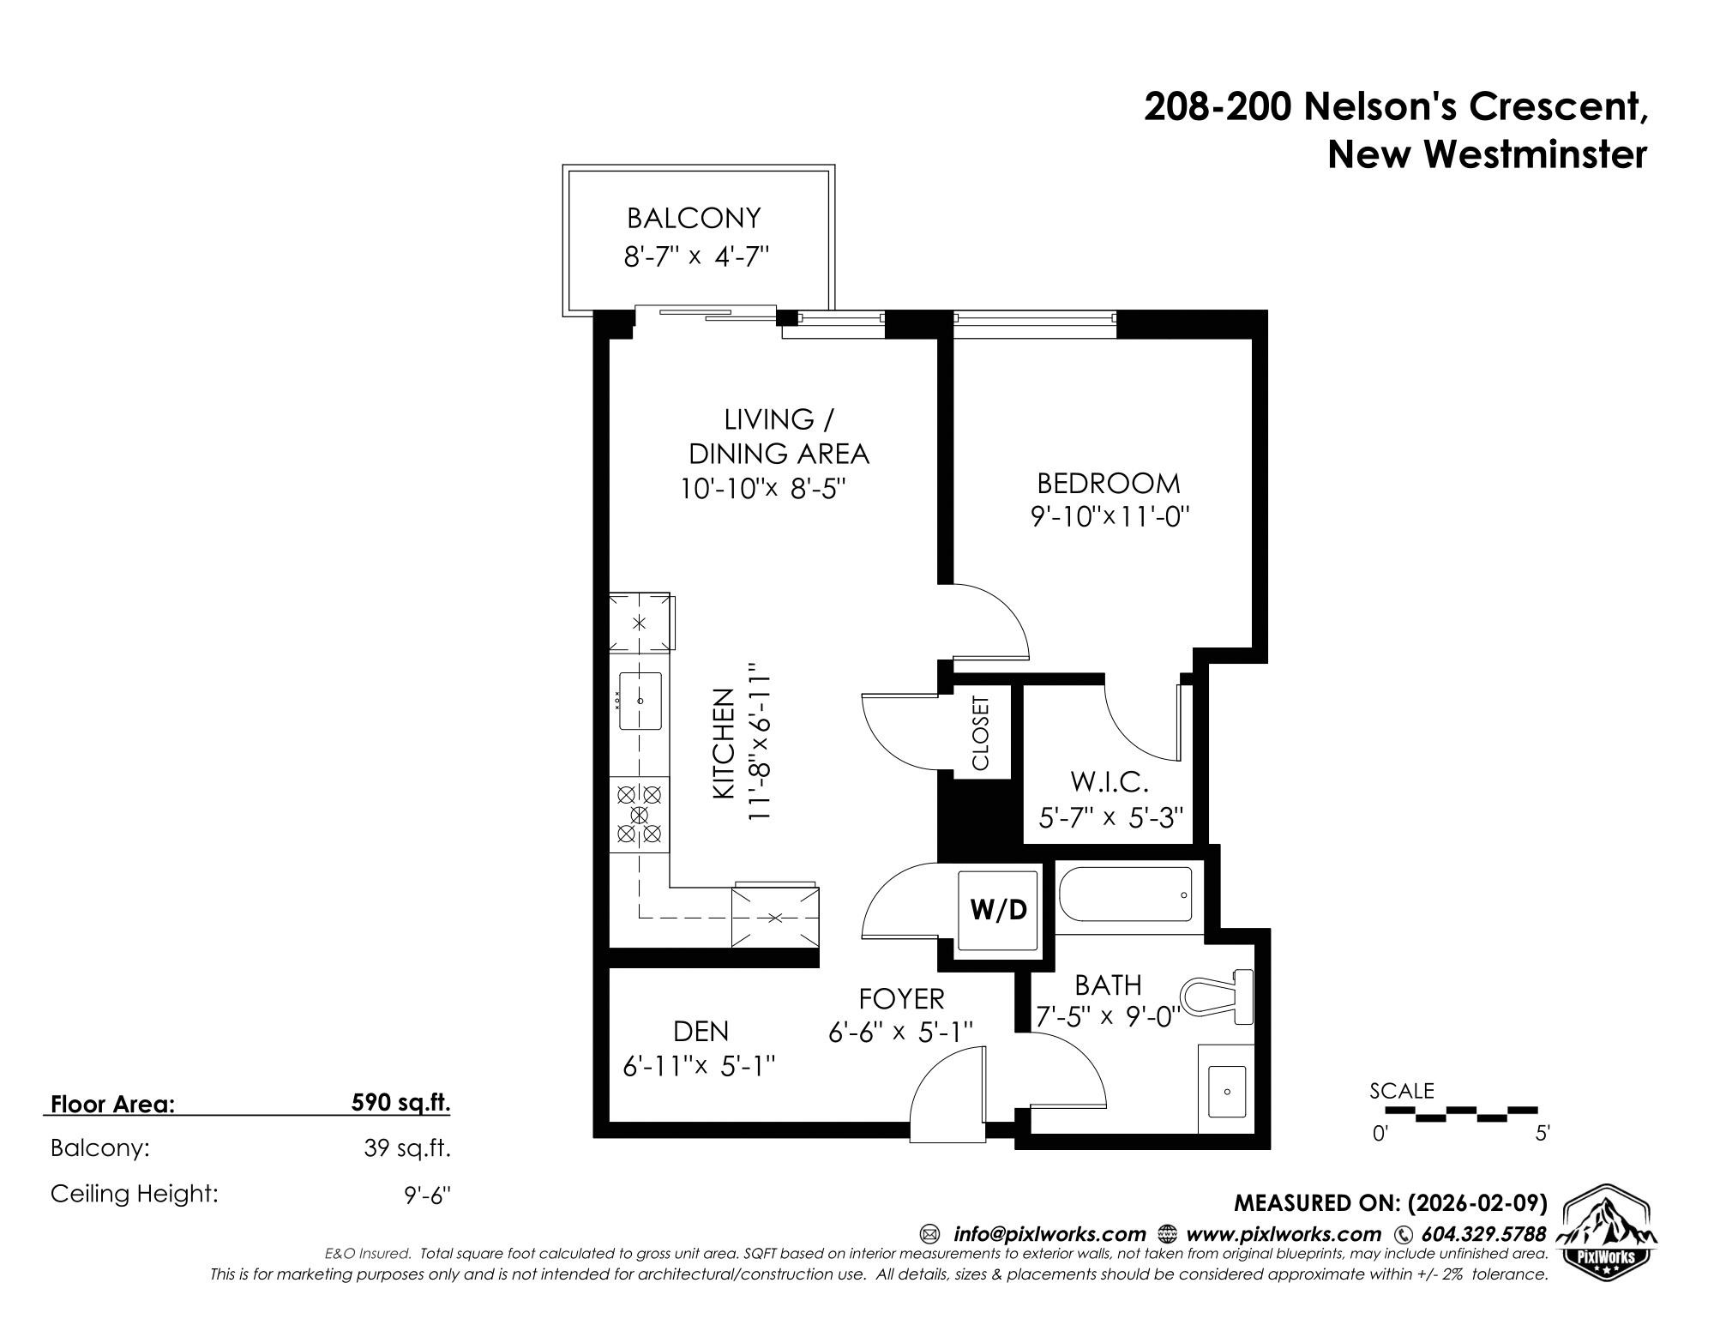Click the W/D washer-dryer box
coord(999,910)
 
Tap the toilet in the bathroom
coord(1215,997)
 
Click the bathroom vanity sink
coord(1226,1091)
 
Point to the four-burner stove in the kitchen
coord(639,815)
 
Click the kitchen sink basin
coord(640,701)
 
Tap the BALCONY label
coord(694,218)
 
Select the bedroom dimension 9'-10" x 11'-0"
coord(1110,517)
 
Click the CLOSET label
coord(981,732)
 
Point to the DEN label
coord(701,1031)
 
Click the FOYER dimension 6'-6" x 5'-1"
coord(900,1033)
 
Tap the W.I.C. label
coord(1108,782)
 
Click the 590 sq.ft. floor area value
coord(400,1103)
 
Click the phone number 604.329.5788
coord(1483,1234)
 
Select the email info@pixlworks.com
coord(1049,1234)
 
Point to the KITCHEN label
coord(725,744)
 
